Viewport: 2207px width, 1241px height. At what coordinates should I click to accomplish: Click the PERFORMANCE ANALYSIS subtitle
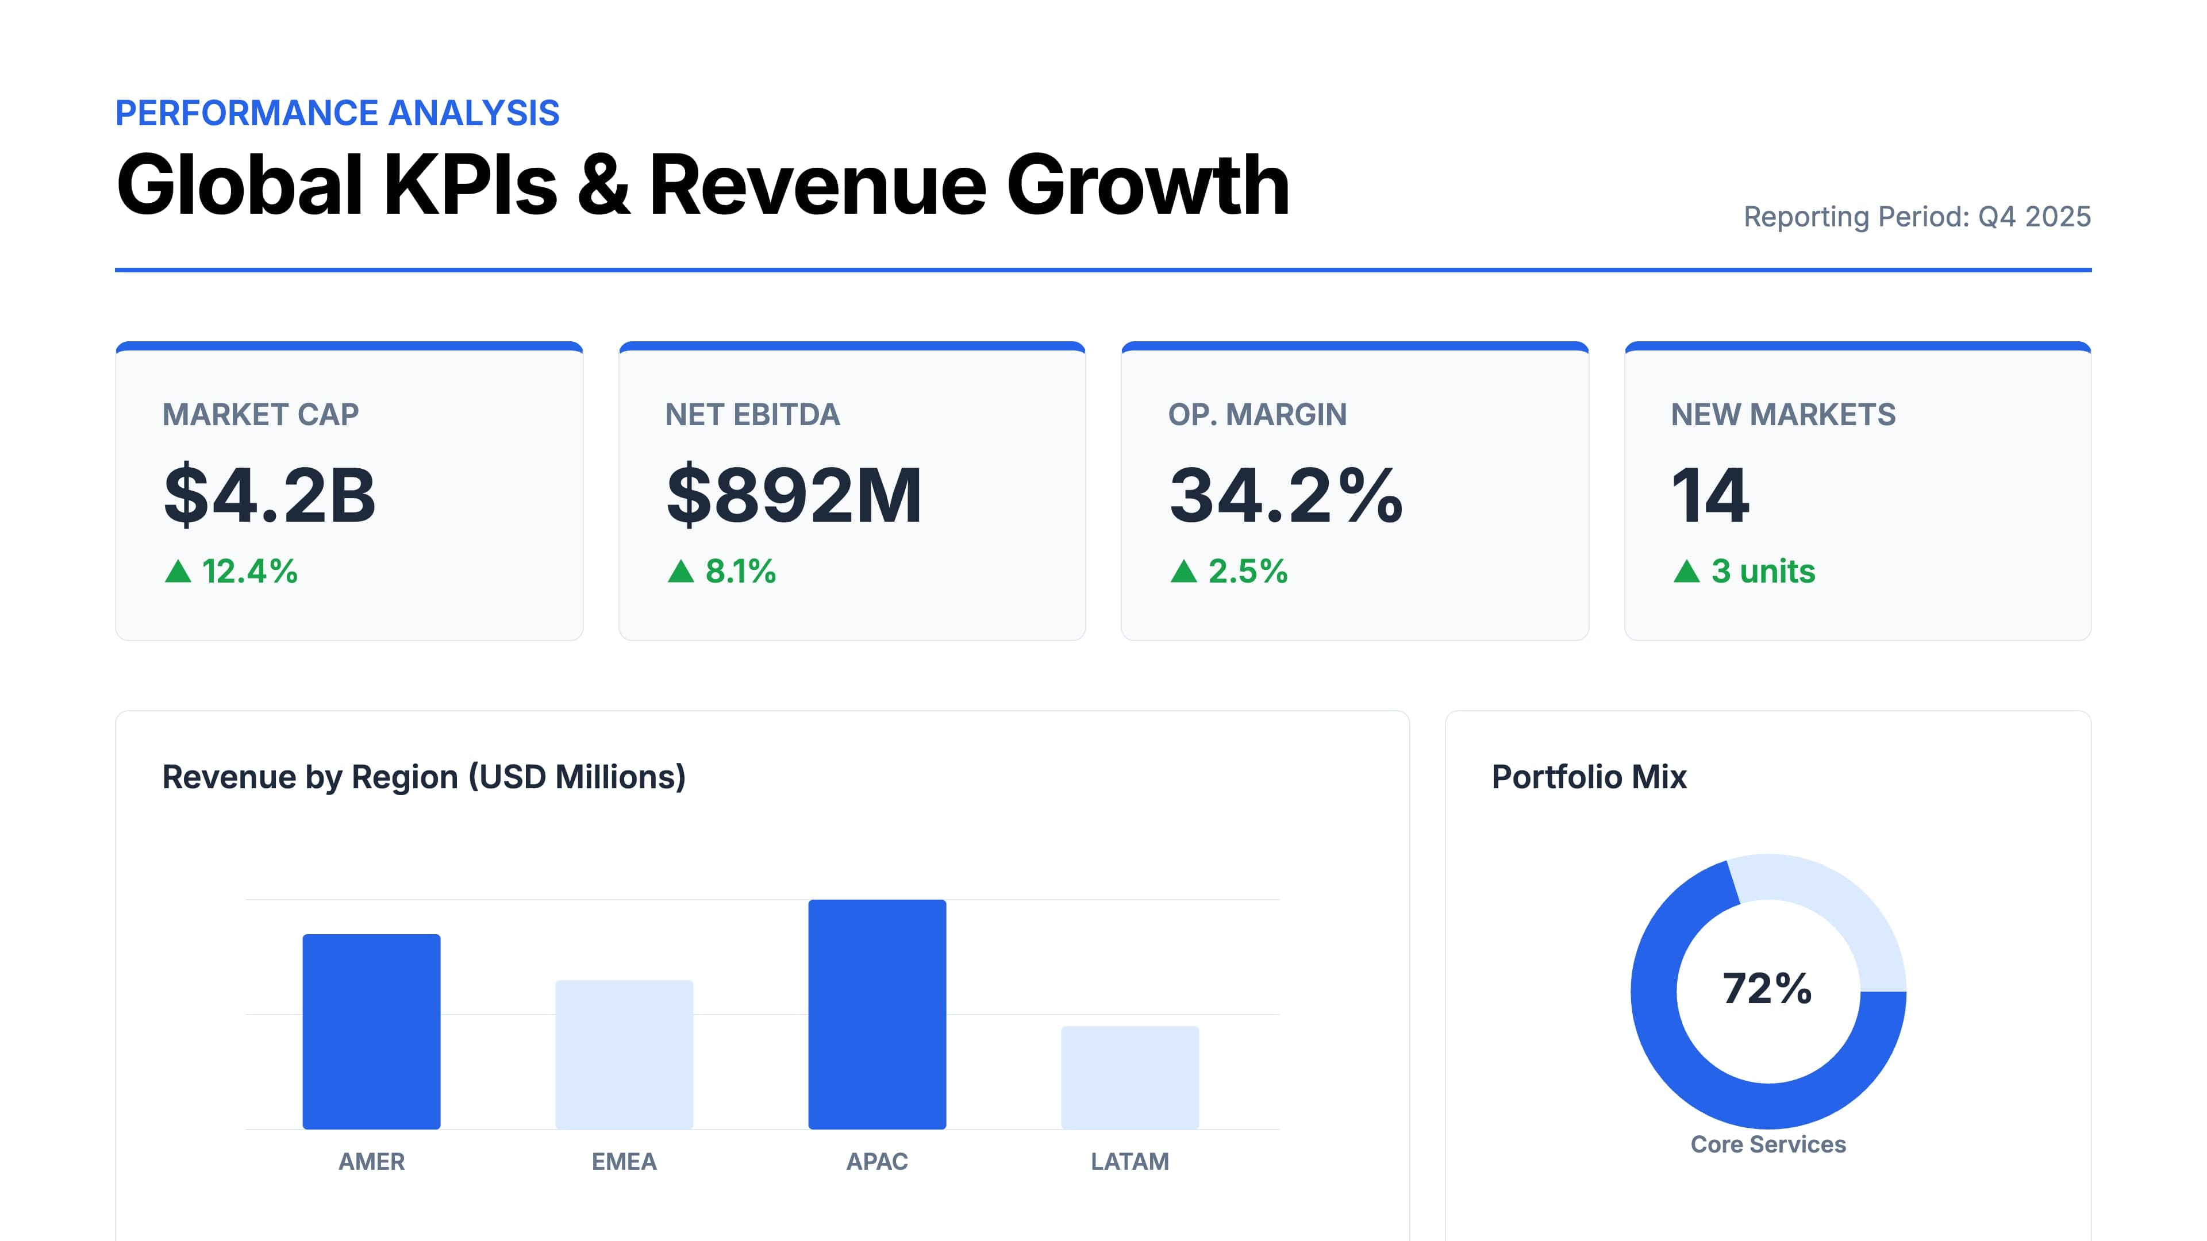[337, 113]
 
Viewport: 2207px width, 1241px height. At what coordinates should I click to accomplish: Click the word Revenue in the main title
[818, 185]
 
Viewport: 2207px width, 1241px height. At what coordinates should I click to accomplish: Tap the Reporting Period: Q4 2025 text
[1917, 217]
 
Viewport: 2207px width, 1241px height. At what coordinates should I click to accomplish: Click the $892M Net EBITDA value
[794, 495]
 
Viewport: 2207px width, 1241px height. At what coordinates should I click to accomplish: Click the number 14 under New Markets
[1710, 495]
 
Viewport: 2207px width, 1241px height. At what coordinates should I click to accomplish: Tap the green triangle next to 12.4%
[178, 571]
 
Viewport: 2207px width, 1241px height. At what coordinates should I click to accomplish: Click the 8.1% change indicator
[740, 571]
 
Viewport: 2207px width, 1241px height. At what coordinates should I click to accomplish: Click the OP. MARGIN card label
[1257, 414]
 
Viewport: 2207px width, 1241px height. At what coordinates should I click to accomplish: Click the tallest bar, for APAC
[876, 1014]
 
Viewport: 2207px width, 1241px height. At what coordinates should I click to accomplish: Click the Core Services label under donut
[1767, 1144]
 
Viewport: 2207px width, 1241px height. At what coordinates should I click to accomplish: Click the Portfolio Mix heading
[1589, 777]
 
